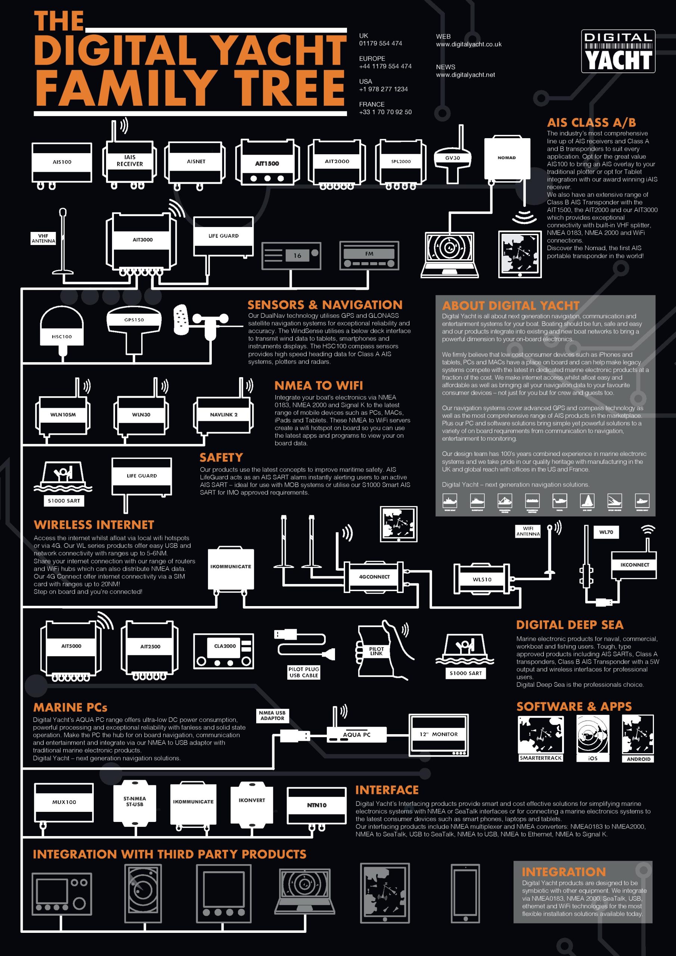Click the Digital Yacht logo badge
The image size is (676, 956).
618,51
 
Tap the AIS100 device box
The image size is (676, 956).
62,162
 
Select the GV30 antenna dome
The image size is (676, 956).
452,158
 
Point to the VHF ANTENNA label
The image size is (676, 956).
43,239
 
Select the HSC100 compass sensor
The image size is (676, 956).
62,331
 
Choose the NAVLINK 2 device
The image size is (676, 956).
224,415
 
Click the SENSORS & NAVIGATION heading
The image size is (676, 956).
325,305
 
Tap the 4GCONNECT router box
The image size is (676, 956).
374,577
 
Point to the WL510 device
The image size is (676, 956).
482,579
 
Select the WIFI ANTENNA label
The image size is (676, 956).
528,531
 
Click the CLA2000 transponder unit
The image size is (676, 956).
224,651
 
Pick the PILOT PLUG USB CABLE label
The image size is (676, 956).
304,672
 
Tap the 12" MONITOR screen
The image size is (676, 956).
438,735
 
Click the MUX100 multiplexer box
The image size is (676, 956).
64,802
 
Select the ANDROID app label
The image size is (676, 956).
638,759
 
